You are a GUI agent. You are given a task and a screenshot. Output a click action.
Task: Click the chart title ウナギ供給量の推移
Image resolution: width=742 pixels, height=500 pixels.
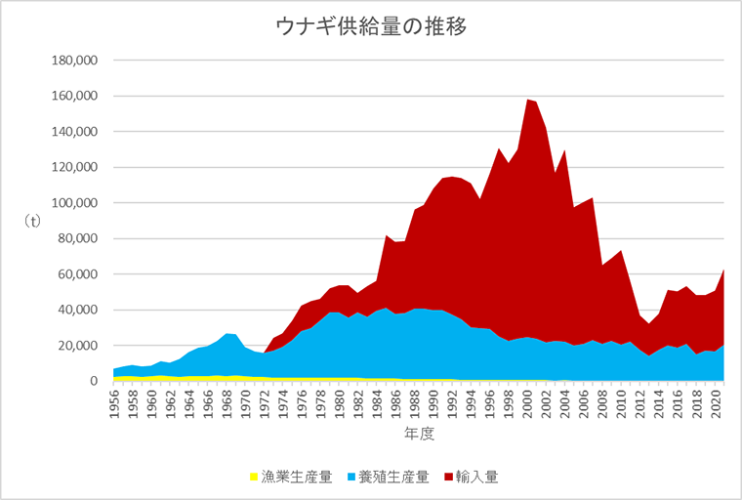pyautogui.click(x=371, y=26)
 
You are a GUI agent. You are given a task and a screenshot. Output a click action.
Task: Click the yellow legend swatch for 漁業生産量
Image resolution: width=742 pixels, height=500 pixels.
pyautogui.click(x=254, y=478)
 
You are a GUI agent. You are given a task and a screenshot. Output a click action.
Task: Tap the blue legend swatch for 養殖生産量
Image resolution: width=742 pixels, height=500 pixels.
pyautogui.click(x=350, y=478)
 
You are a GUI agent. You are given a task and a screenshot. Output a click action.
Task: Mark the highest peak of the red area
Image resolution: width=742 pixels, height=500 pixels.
pyautogui.click(x=528, y=100)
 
